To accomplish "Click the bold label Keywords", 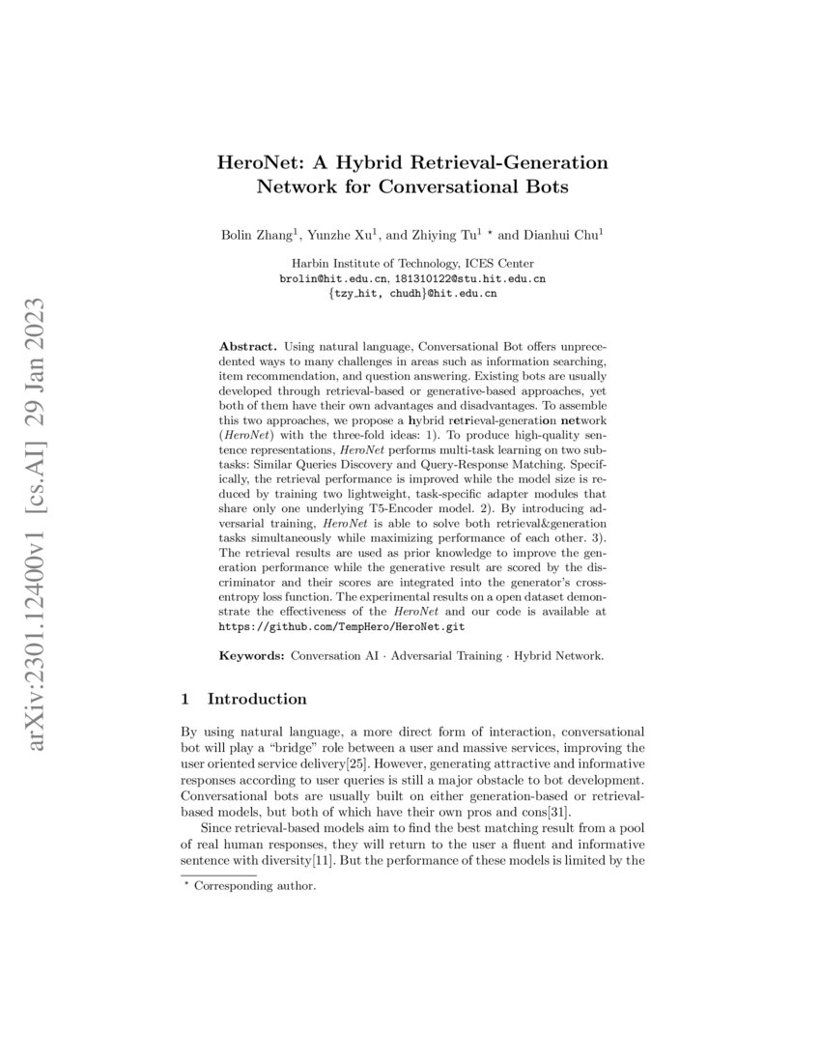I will pyautogui.click(x=252, y=656).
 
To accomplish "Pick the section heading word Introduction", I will pyautogui.click(x=257, y=699).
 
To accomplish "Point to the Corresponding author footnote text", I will pyautogui.click(x=255, y=885).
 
